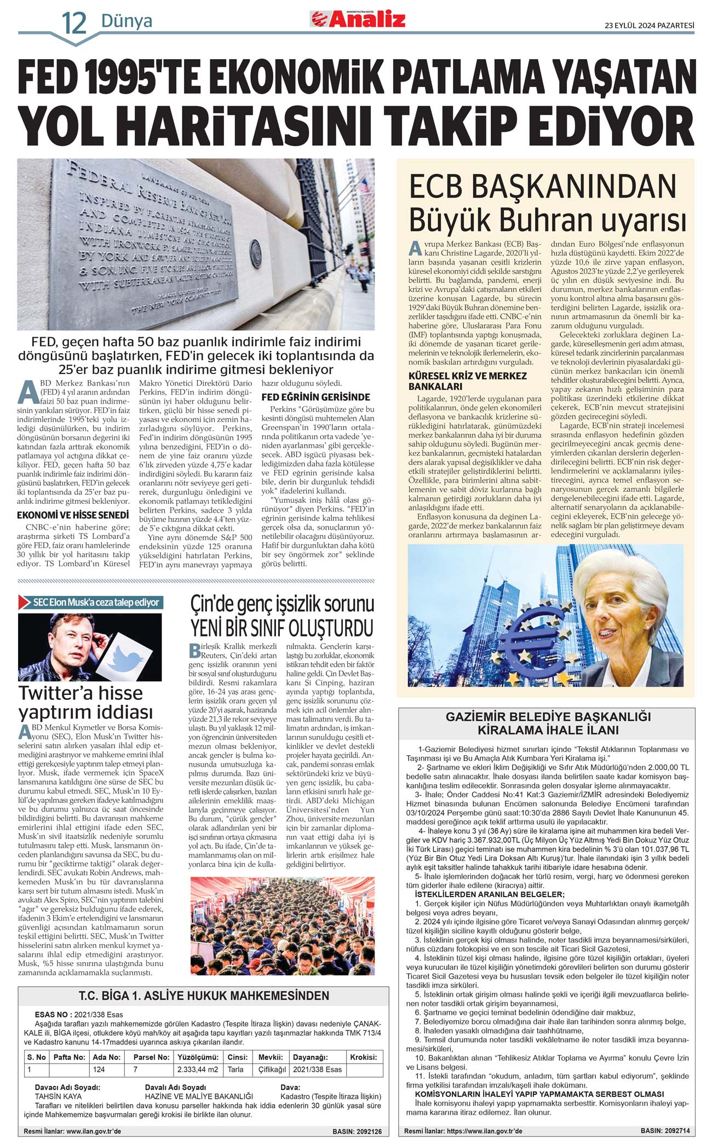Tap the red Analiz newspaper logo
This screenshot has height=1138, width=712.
point(358,20)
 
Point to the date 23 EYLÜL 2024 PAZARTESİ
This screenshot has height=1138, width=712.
point(649,25)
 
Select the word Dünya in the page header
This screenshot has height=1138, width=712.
point(127,21)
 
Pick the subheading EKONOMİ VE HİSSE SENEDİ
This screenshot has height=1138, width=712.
point(73,515)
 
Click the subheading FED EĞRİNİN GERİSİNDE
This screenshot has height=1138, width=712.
point(315,397)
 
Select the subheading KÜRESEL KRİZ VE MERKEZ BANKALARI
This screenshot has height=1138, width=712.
point(468,381)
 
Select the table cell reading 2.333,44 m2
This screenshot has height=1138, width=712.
point(197,1069)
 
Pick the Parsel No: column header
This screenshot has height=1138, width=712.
point(151,1057)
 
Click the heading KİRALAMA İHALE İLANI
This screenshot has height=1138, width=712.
point(548,730)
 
